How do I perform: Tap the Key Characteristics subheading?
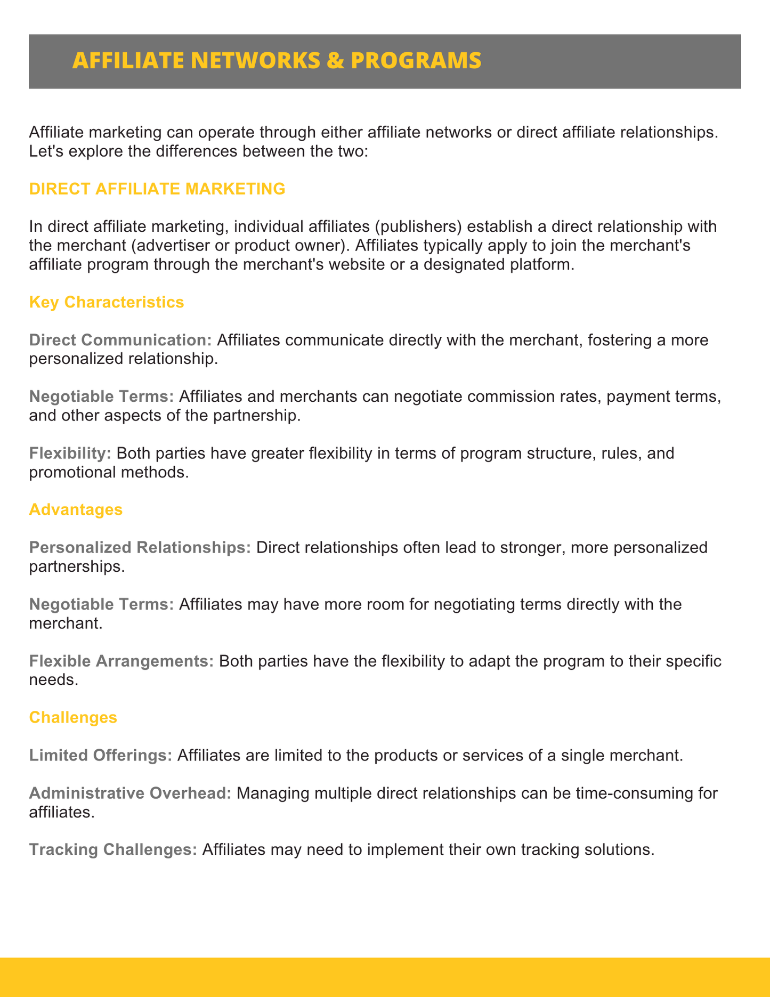[x=106, y=302]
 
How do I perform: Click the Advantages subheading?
[x=76, y=509]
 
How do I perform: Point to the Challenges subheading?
[x=73, y=717]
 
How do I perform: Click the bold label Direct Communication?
[x=120, y=340]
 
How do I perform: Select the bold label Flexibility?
[x=70, y=453]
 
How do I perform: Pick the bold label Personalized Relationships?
[x=140, y=548]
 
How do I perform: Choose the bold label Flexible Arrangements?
[x=121, y=661]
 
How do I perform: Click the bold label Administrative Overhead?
[x=130, y=793]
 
